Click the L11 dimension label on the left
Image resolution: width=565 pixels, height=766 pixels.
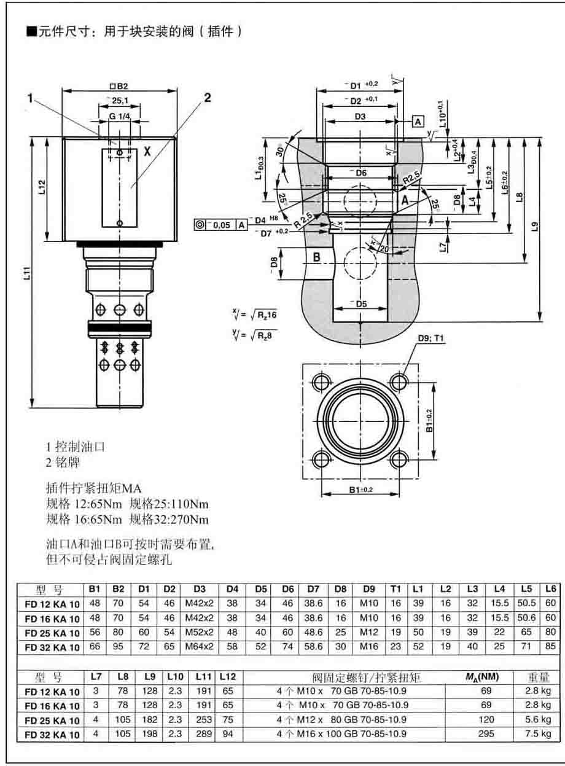coord(25,275)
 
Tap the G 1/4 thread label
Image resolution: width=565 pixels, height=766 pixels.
coord(121,117)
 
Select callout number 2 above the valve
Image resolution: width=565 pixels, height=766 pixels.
coord(207,97)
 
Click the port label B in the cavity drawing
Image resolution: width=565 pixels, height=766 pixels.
coord(317,257)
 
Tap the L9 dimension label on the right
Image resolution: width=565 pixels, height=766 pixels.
coord(535,227)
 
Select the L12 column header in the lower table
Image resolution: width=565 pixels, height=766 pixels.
coord(227,676)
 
